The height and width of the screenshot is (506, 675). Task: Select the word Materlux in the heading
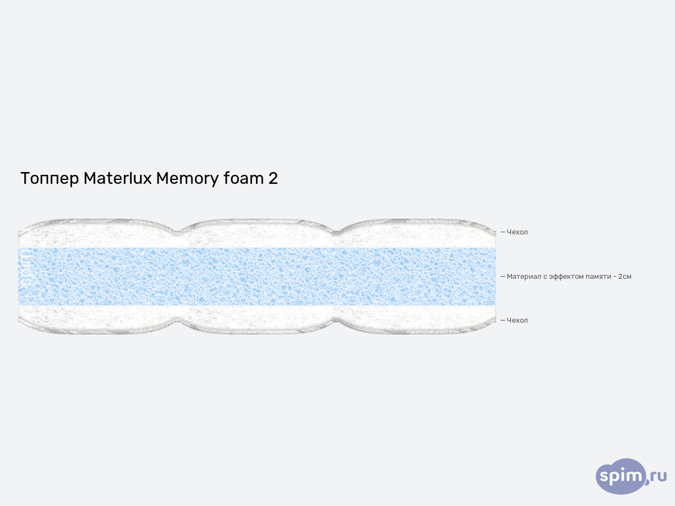click(x=118, y=178)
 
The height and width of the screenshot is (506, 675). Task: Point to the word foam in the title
click(x=244, y=178)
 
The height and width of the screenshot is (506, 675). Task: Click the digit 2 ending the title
click(x=273, y=178)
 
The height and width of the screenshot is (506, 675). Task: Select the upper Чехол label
click(x=517, y=232)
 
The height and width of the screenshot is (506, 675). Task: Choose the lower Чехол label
click(x=517, y=320)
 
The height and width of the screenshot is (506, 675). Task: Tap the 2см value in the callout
click(x=624, y=277)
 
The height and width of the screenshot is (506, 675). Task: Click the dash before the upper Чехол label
click(x=503, y=232)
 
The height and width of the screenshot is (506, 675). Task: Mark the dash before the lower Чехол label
click(x=503, y=320)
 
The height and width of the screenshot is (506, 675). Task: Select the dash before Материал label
click(x=503, y=277)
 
